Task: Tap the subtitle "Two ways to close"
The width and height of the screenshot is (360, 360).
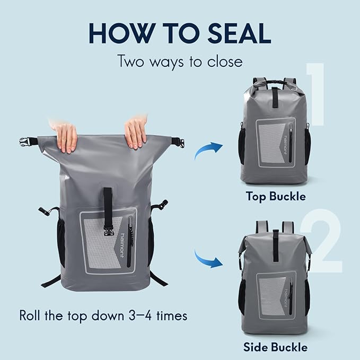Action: [180, 61]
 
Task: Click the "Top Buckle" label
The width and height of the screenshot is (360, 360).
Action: [275, 196]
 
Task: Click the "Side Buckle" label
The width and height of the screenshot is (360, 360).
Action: [275, 347]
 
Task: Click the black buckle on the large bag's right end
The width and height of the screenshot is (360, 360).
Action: [179, 142]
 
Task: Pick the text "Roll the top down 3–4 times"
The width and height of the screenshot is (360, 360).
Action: [103, 315]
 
